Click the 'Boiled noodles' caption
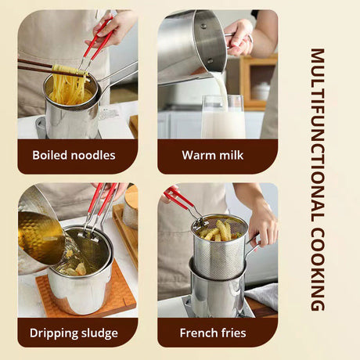coord(74,155)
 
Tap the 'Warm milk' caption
coord(212,155)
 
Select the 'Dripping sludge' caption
coord(74,333)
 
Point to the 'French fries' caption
coord(212,333)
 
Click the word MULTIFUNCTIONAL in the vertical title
coord(317,133)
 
